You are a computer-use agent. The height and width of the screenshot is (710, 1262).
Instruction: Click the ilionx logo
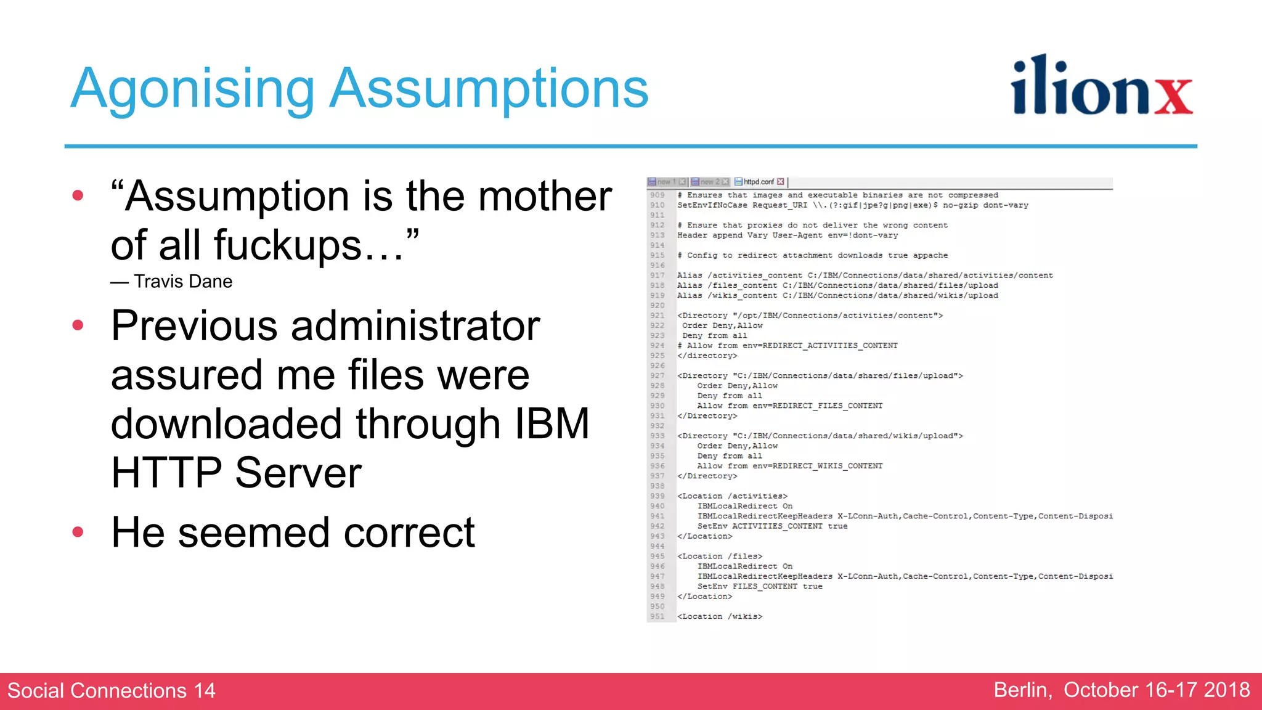(x=1102, y=86)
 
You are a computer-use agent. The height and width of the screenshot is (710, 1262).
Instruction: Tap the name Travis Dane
(x=183, y=282)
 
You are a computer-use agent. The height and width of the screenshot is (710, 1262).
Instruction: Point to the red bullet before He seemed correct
(x=78, y=532)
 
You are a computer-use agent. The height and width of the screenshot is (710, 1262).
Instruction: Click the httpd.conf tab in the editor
(x=759, y=182)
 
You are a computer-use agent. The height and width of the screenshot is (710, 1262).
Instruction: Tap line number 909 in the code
(x=657, y=195)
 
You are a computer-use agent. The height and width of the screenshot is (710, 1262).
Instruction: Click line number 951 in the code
(x=657, y=616)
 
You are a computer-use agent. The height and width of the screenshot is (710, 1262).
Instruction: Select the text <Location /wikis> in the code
(x=720, y=616)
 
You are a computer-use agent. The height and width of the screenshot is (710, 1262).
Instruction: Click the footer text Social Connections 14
(x=112, y=690)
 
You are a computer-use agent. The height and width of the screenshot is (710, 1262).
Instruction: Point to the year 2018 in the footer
(x=1227, y=690)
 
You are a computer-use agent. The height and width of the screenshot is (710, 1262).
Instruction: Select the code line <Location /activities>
(x=732, y=496)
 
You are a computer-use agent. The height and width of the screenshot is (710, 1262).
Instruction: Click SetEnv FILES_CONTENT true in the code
(x=760, y=587)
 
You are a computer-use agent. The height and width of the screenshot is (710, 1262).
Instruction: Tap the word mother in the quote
(x=545, y=196)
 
